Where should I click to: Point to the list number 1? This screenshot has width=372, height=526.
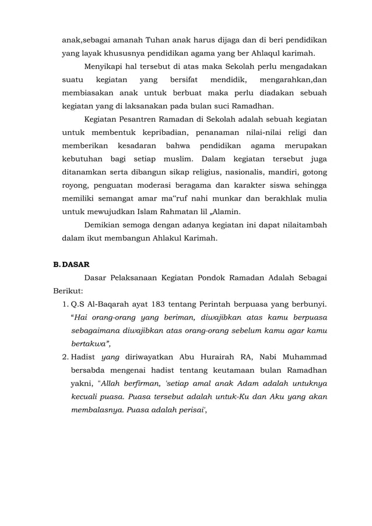[x=64, y=304]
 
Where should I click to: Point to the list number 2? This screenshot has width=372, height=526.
[x=64, y=356]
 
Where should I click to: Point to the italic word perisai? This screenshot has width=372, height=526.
[x=188, y=409]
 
